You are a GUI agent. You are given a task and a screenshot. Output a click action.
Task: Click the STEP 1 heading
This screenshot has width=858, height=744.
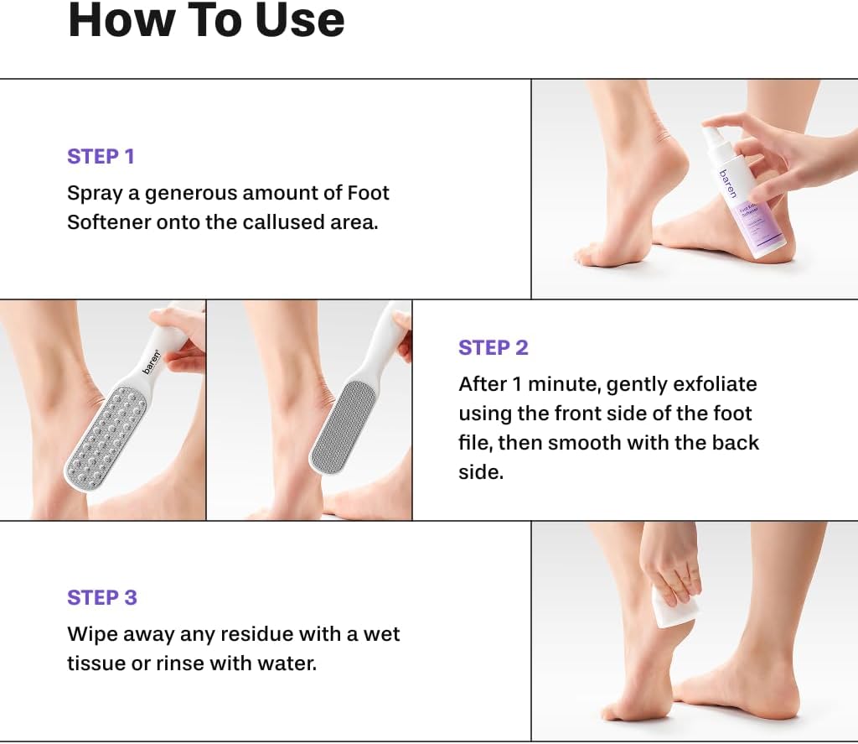coord(101,156)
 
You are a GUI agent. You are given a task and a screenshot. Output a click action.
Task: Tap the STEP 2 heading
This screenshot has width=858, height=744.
coord(493,347)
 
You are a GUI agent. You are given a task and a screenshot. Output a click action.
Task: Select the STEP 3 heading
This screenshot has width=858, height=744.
coord(102,597)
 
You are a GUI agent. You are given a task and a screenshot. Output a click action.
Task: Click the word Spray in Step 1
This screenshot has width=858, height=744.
coord(94,194)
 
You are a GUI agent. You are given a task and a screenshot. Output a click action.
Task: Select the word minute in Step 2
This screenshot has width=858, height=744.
coord(560,384)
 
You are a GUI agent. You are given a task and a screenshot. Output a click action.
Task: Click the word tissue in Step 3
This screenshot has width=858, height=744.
coord(94,663)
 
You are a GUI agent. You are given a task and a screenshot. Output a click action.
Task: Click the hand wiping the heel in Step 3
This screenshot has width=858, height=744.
coord(669,559)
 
